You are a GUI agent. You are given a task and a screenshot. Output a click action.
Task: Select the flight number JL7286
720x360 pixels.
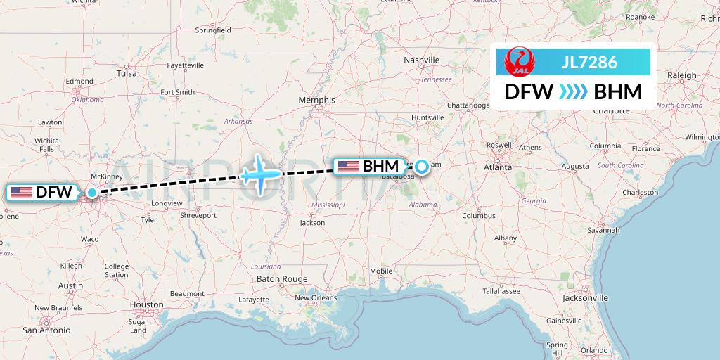click(x=589, y=63)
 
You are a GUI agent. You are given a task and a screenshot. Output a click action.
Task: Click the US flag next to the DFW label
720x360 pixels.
click(x=21, y=192)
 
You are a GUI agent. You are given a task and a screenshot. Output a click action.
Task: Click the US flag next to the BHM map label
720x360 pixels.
click(x=348, y=167)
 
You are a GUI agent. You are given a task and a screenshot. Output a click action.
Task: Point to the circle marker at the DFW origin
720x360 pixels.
click(x=92, y=191)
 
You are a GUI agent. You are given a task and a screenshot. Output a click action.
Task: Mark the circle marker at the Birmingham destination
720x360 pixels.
click(x=421, y=167)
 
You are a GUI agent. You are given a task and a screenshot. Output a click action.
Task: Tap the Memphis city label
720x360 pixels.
click(x=316, y=100)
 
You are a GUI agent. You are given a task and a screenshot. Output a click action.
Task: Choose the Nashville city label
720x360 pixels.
click(x=421, y=60)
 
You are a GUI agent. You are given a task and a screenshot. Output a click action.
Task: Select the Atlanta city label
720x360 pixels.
click(x=497, y=168)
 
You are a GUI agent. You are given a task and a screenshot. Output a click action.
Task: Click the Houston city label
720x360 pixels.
click(x=146, y=305)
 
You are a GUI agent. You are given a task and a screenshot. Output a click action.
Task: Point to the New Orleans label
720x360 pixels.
click(x=316, y=297)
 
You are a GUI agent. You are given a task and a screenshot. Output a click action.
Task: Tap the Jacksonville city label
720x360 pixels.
click(x=585, y=298)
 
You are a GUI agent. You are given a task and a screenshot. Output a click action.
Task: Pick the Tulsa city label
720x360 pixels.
click(x=127, y=73)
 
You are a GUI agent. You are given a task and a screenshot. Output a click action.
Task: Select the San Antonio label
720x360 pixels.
click(x=46, y=330)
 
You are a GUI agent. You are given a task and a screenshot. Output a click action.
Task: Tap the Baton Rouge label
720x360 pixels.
click(x=282, y=279)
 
